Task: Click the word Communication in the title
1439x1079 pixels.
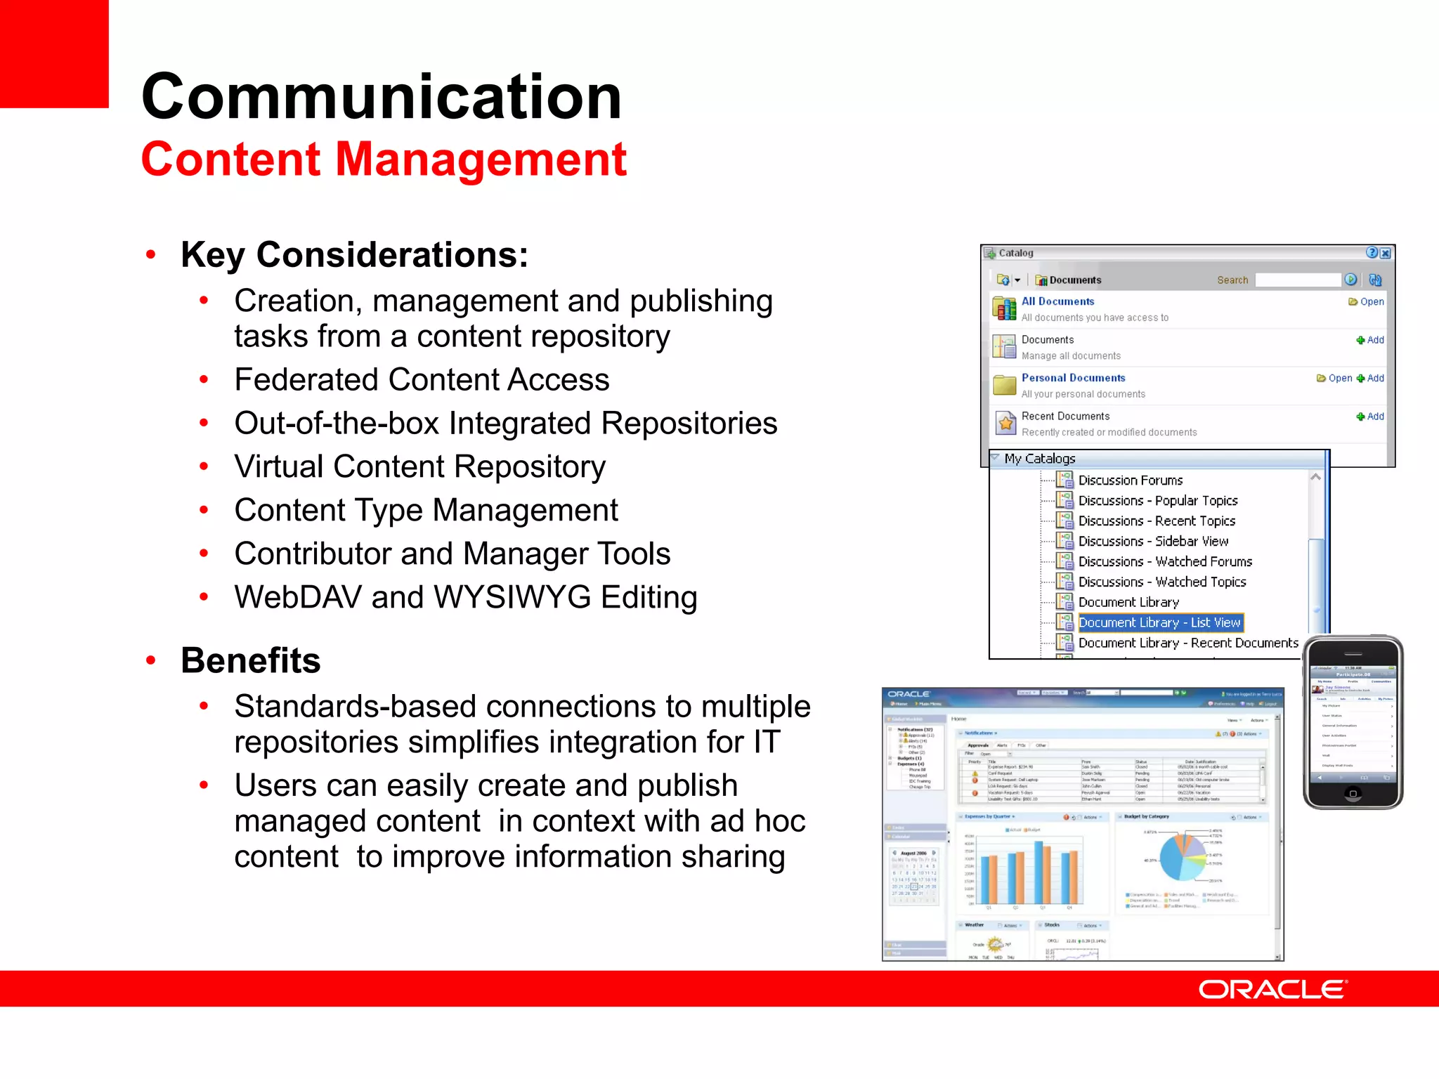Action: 382,97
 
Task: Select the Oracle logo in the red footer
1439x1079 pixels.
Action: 1272,989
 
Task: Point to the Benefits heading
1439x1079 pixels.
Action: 250,660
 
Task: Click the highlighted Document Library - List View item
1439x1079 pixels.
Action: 1159,622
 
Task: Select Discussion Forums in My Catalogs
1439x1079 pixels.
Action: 1130,480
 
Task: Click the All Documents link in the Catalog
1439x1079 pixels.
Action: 1057,301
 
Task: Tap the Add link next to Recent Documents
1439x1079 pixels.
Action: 1371,417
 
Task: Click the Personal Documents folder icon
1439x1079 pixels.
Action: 1005,385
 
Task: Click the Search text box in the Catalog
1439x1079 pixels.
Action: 1298,280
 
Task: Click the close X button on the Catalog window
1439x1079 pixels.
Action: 1385,253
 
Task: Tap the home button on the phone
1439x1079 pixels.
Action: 1353,794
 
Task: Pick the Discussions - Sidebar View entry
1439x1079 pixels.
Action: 1153,542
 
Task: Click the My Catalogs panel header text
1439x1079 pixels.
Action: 1039,459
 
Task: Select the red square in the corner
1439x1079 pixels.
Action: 54,53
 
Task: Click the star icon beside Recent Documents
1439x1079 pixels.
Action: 1005,423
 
